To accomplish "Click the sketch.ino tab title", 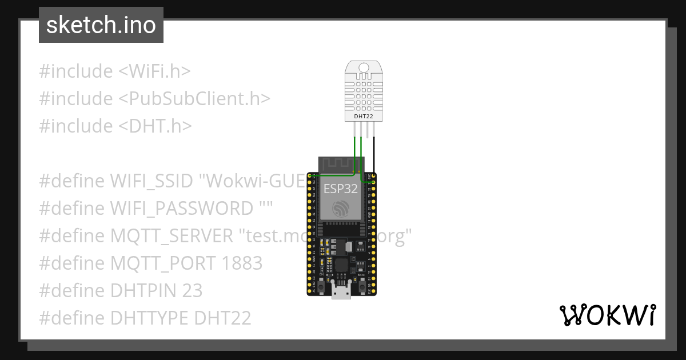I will pyautogui.click(x=101, y=26).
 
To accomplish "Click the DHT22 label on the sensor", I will pyautogui.click(x=360, y=116).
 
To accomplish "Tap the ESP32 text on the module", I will pyautogui.click(x=341, y=189).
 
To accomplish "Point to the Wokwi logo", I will pyautogui.click(x=607, y=315).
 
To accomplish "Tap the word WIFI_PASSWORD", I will pyautogui.click(x=180, y=209).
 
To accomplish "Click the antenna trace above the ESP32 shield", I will pyautogui.click(x=338, y=165).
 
